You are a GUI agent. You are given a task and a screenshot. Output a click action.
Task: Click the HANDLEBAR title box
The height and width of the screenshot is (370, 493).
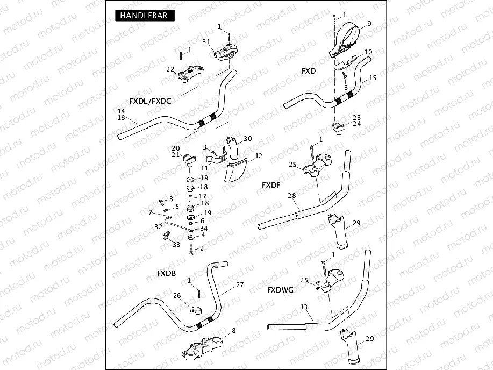(x=145, y=16)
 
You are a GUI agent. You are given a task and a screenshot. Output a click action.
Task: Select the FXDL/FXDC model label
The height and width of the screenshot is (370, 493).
(x=150, y=101)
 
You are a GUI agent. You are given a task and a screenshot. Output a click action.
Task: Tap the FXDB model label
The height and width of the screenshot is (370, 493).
(x=166, y=273)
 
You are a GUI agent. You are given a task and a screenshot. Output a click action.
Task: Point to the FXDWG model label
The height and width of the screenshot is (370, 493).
(x=280, y=290)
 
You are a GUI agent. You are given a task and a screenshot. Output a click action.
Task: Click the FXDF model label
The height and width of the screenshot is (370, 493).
(x=271, y=185)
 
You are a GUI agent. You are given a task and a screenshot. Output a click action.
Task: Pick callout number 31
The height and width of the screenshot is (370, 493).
(x=206, y=42)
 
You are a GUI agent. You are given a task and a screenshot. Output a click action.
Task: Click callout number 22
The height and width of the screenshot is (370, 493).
(x=170, y=69)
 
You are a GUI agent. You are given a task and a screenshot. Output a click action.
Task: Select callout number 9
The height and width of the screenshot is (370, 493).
(x=369, y=23)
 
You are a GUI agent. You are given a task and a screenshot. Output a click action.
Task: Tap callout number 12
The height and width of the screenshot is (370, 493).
(x=259, y=156)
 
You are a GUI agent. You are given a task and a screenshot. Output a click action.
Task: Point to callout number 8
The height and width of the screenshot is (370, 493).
(x=234, y=331)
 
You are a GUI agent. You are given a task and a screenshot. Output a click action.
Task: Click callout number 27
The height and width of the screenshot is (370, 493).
(x=240, y=284)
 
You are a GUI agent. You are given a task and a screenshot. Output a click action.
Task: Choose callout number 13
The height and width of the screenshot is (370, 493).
(x=304, y=307)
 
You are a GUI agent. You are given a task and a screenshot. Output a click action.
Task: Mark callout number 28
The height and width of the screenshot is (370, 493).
(x=292, y=195)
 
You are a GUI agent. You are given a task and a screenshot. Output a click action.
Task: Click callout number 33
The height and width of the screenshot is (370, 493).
(x=176, y=245)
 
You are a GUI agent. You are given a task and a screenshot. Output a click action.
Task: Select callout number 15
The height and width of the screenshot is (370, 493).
(x=373, y=78)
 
